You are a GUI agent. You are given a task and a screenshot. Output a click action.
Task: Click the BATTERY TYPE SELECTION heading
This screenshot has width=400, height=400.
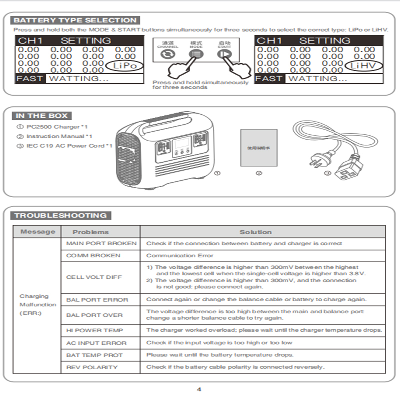pos(75,20)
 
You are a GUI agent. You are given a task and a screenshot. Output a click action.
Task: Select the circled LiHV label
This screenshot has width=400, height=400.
pos(363,65)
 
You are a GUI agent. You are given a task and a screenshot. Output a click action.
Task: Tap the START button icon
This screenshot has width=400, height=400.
pos(224,55)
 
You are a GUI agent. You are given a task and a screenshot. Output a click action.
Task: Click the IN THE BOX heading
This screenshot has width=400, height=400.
pos(41,116)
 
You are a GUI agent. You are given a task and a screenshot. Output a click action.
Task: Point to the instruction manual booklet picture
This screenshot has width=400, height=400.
pos(258,148)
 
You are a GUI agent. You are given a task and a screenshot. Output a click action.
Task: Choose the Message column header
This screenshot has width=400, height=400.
pos(38,232)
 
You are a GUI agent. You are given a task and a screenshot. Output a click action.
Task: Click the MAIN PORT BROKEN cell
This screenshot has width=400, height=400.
pos(101,244)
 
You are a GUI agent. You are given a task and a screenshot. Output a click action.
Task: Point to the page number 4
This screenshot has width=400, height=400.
pos(199,389)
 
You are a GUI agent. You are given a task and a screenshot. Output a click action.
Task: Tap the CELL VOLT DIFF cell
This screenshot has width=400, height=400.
pos(94,277)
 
